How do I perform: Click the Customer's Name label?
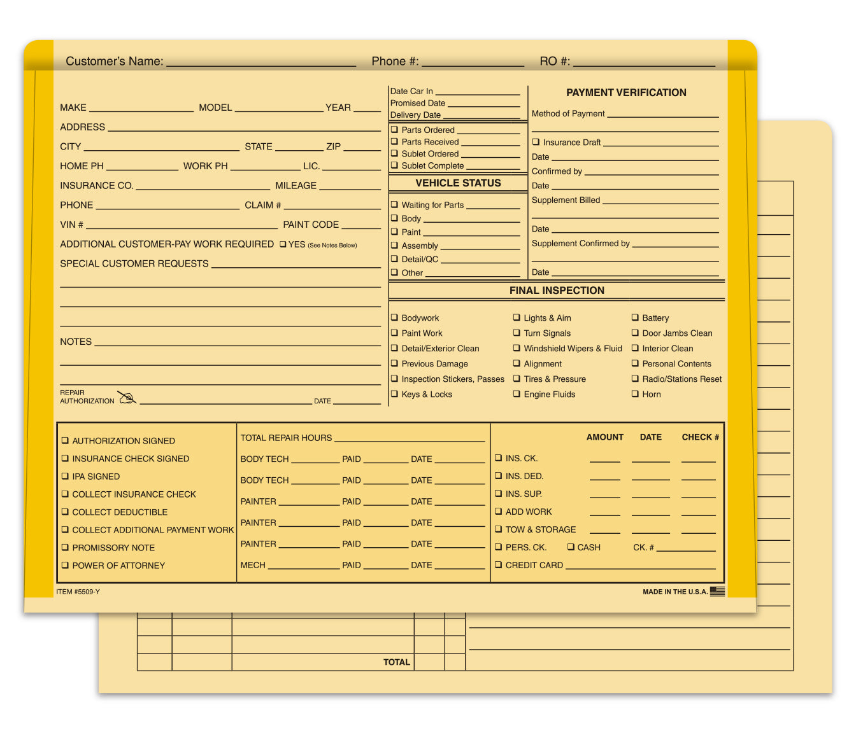[x=114, y=61]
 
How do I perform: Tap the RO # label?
[x=555, y=61]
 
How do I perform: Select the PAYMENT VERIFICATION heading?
[x=626, y=92]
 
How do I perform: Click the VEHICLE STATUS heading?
[x=458, y=183]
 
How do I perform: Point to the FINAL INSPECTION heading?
[x=557, y=290]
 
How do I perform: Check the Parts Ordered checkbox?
[x=394, y=130]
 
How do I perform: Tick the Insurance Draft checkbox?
[x=536, y=142]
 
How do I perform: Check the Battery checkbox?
[x=635, y=318]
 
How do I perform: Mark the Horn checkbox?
[x=635, y=394]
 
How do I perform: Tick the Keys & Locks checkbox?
[x=394, y=394]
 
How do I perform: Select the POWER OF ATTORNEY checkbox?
[x=65, y=565]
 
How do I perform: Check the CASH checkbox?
[x=571, y=547]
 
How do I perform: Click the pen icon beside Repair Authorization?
[x=127, y=398]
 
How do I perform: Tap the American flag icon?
[x=717, y=591]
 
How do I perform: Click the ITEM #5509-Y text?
[x=78, y=592]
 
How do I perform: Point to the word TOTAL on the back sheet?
[x=396, y=662]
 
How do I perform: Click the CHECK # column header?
[x=700, y=437]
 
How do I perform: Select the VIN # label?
[x=71, y=225]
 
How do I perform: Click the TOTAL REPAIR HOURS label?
[x=286, y=438]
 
